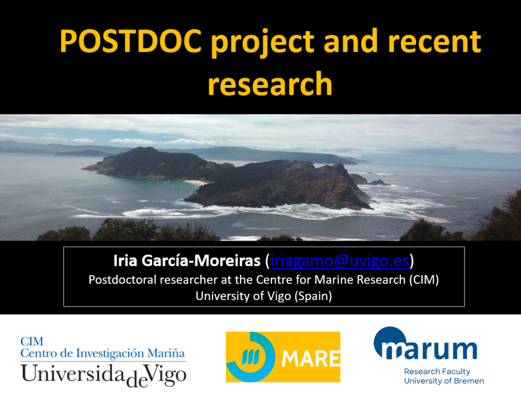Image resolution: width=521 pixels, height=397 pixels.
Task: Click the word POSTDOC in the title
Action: (131, 41)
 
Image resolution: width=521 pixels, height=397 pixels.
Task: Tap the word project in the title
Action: (263, 43)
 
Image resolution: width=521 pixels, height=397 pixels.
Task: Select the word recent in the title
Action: (435, 42)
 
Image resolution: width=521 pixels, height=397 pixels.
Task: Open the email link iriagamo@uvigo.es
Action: (340, 260)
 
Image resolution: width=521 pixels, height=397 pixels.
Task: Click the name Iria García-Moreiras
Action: (187, 260)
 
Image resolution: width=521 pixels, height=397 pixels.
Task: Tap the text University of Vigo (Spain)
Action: (264, 296)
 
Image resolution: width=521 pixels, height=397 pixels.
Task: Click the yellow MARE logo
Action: (283, 357)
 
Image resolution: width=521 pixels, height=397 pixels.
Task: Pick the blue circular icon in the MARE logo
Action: (251, 357)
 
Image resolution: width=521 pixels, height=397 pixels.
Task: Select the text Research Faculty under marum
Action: (437, 372)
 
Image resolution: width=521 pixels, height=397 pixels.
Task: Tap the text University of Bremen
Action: (444, 381)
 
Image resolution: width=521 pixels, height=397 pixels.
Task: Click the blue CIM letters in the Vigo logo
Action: (32, 341)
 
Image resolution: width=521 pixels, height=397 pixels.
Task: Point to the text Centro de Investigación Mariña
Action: (103, 353)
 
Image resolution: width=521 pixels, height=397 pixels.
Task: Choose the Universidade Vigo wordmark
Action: (103, 375)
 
